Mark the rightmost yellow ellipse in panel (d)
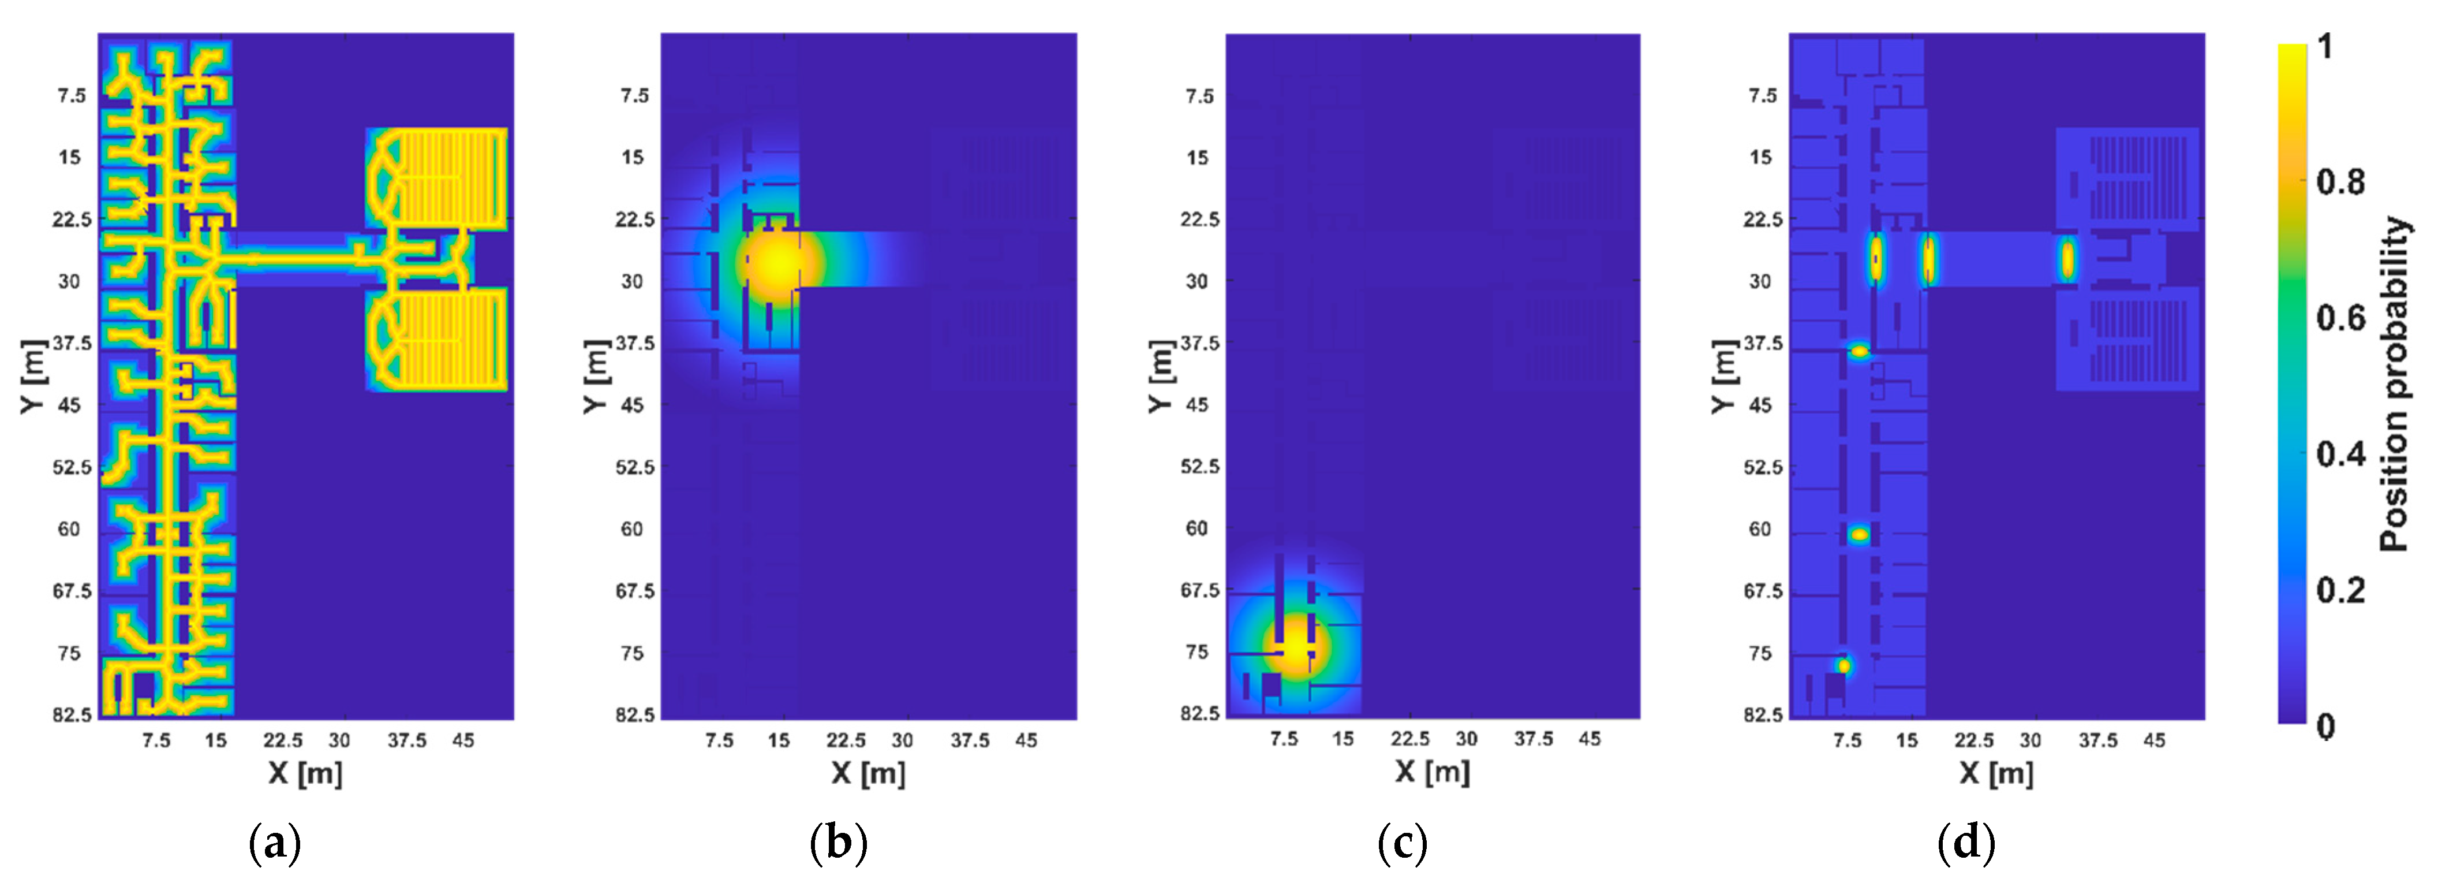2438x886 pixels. [2068, 258]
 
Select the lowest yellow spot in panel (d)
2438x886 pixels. [1843, 665]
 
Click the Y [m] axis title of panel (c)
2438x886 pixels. [1160, 376]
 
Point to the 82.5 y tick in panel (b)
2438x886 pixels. [635, 714]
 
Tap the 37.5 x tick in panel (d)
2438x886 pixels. [2097, 740]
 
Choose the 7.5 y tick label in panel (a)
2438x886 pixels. [71, 96]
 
